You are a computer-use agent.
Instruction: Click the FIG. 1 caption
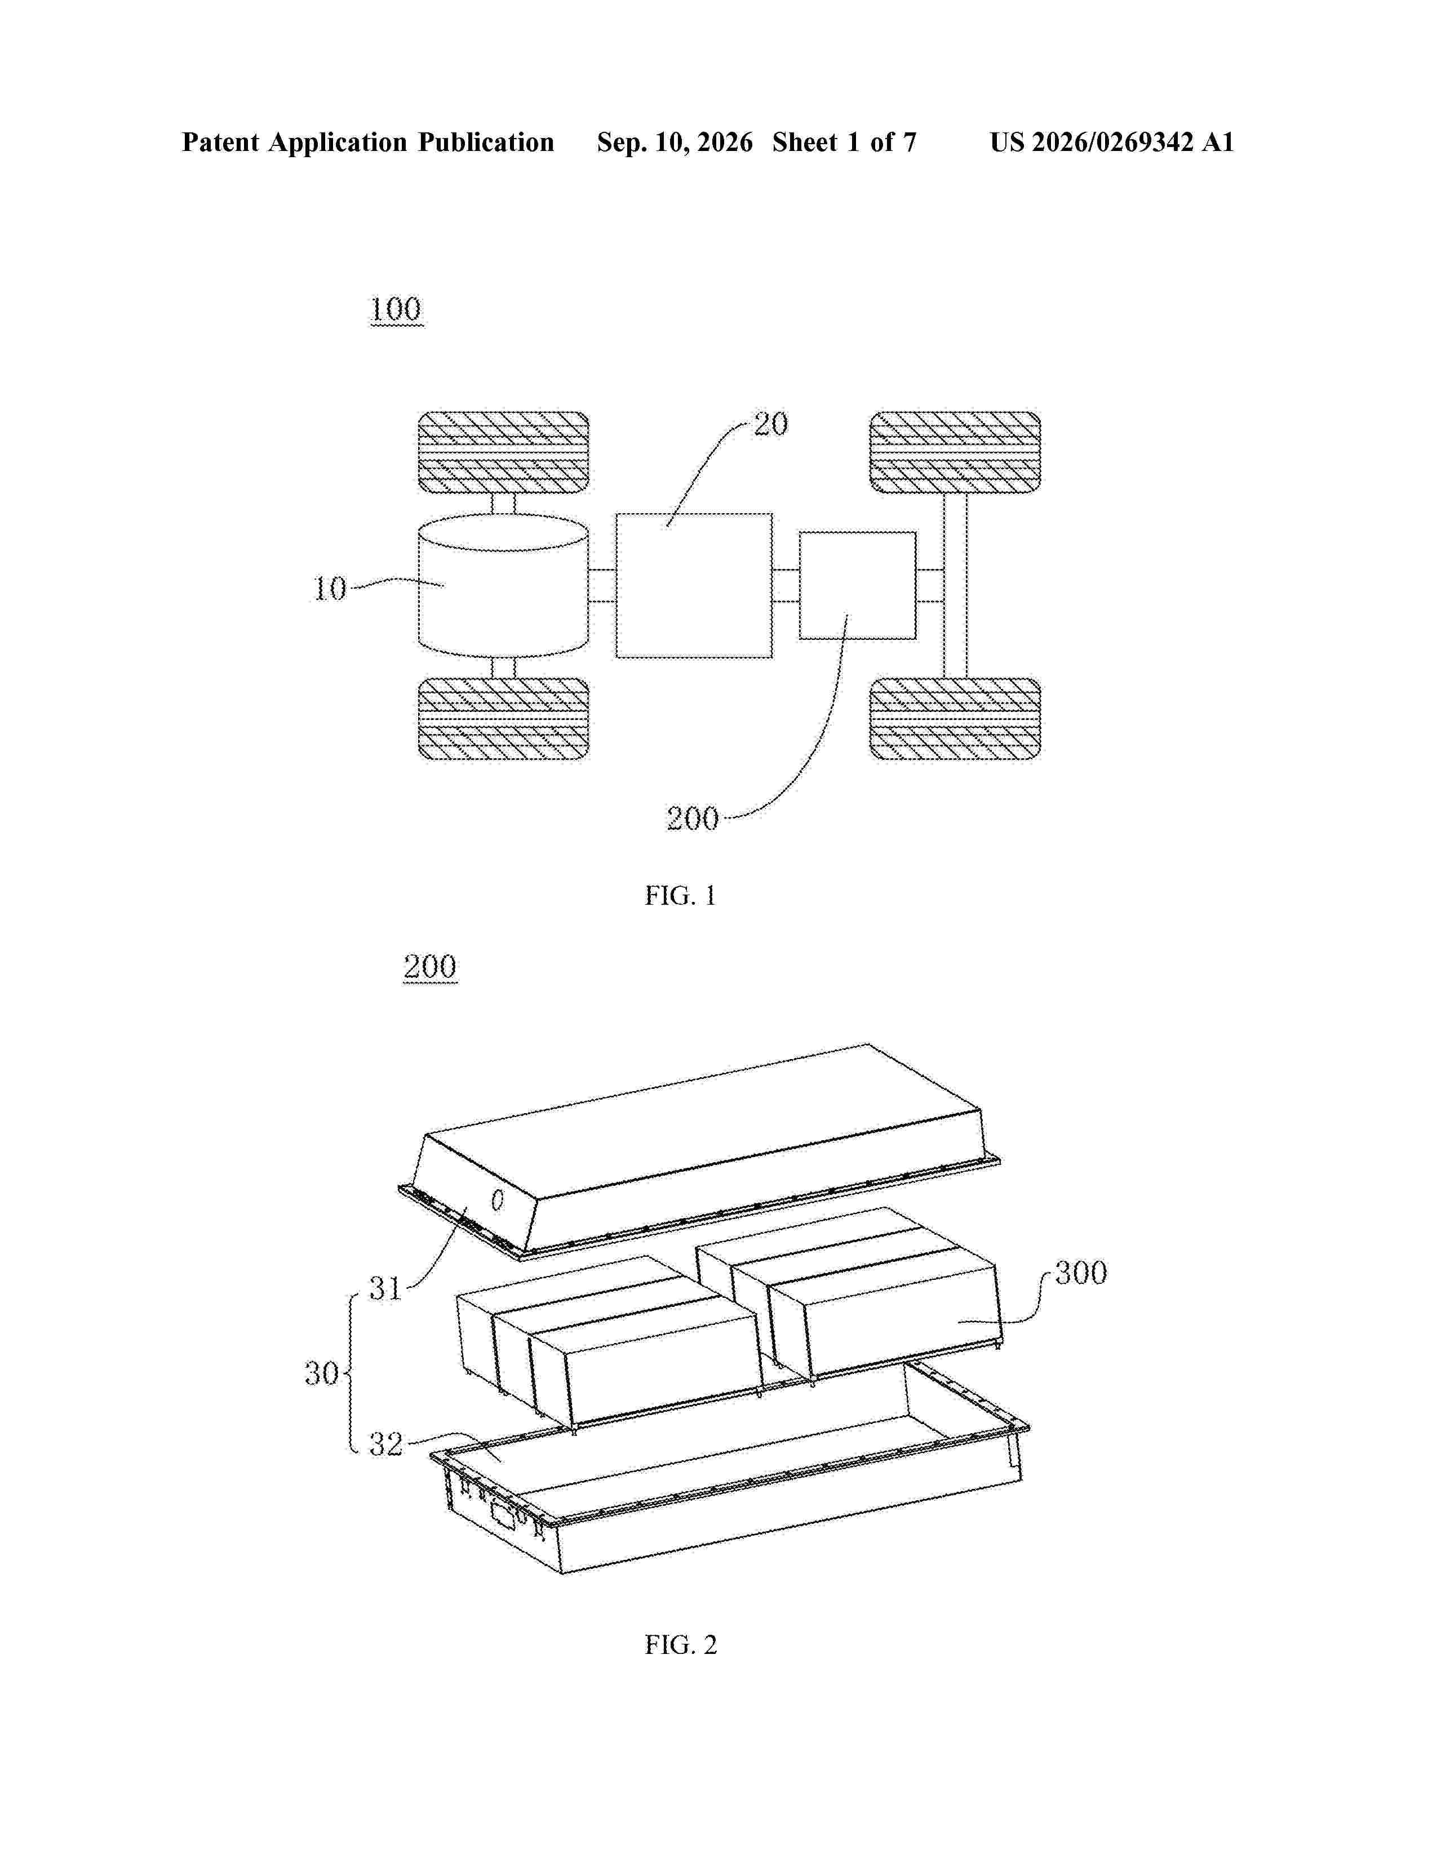pyautogui.click(x=680, y=896)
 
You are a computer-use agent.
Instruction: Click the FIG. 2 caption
pyautogui.click(x=680, y=1644)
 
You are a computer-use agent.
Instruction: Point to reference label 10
pyautogui.click(x=330, y=588)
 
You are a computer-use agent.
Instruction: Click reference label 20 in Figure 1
pyautogui.click(x=771, y=424)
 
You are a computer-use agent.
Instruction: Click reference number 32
pyautogui.click(x=385, y=1444)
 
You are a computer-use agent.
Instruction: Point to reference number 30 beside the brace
pyautogui.click(x=322, y=1373)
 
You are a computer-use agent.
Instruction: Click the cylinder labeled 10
pyautogui.click(x=503, y=586)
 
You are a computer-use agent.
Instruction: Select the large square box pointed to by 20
pyautogui.click(x=694, y=586)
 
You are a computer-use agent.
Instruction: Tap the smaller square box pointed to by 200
pyautogui.click(x=857, y=586)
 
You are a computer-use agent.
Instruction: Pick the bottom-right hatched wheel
pyautogui.click(x=954, y=718)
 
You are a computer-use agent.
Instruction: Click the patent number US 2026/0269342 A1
pyautogui.click(x=1112, y=142)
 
